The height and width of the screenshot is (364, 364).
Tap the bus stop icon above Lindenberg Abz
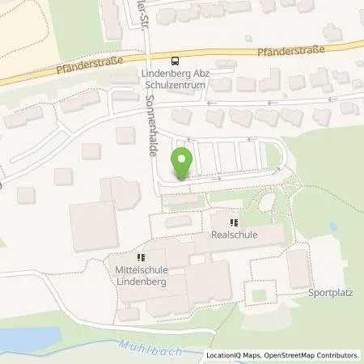click(174, 61)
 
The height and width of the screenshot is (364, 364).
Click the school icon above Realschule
click(235, 222)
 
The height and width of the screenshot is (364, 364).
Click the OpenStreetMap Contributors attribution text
click(314, 355)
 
